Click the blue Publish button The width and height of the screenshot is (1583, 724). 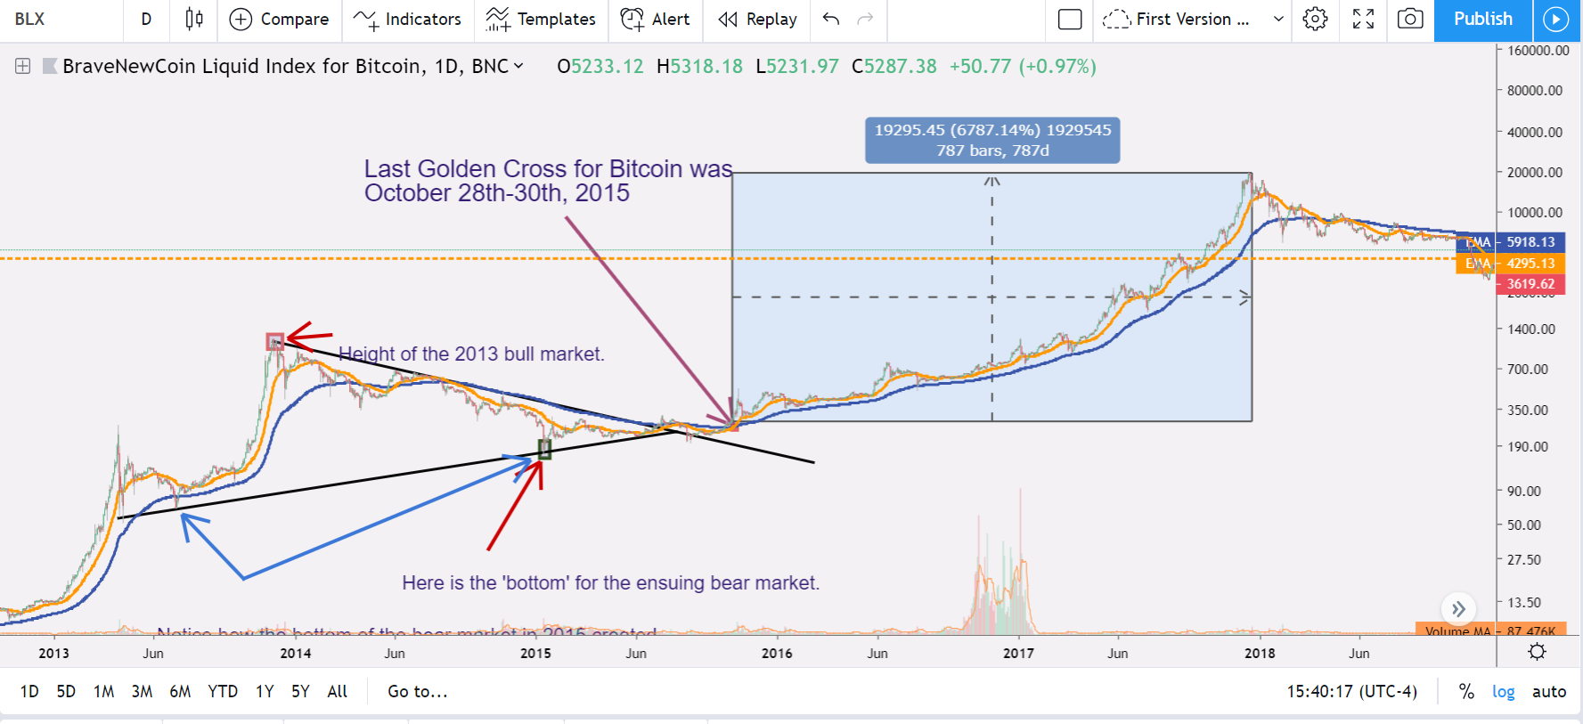1482,19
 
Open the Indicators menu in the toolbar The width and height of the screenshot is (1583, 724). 408,19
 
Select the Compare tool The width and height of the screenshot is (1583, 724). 280,19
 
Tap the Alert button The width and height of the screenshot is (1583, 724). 656,19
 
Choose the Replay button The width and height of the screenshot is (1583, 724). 757,19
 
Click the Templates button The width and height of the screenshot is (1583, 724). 541,19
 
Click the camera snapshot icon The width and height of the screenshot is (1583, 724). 1409,19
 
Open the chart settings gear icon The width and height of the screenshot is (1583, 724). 1315,19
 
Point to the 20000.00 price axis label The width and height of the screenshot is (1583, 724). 1534,172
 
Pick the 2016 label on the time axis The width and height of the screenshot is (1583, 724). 777,653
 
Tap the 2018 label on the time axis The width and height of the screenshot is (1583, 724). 1260,653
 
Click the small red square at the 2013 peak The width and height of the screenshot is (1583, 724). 275,341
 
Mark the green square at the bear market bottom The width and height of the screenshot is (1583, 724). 545,450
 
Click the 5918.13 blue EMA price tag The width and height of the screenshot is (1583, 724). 1530,241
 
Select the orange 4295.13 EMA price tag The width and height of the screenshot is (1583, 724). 1530,263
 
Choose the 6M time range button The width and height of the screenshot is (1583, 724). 180,691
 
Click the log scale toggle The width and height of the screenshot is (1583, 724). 1503,691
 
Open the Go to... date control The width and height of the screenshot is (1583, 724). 417,691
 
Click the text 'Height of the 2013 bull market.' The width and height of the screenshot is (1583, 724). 471,354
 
